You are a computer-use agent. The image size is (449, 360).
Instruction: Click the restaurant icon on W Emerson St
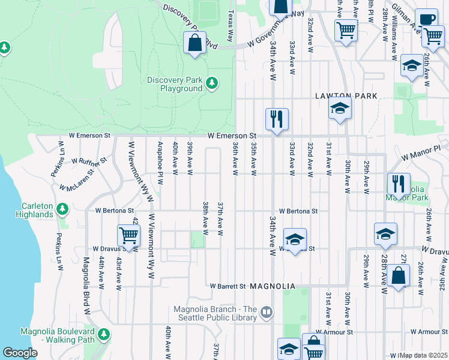pyautogui.click(x=277, y=119)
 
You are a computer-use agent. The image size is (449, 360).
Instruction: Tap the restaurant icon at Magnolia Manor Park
pyautogui.click(x=399, y=184)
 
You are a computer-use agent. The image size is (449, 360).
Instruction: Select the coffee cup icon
pyautogui.click(x=426, y=19)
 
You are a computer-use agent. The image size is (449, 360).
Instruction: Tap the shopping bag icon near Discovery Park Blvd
pyautogui.click(x=194, y=43)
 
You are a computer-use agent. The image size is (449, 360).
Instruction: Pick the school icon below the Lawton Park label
pyautogui.click(x=340, y=109)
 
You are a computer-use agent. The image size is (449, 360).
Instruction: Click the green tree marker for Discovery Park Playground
pyautogui.click(x=211, y=83)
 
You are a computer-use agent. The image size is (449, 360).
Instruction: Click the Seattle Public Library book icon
pyautogui.click(x=267, y=312)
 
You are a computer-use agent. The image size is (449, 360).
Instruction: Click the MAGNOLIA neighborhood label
pyautogui.click(x=273, y=287)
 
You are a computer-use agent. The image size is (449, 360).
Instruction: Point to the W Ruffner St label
pyautogui.click(x=88, y=161)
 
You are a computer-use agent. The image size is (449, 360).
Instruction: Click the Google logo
pyautogui.click(x=20, y=353)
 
